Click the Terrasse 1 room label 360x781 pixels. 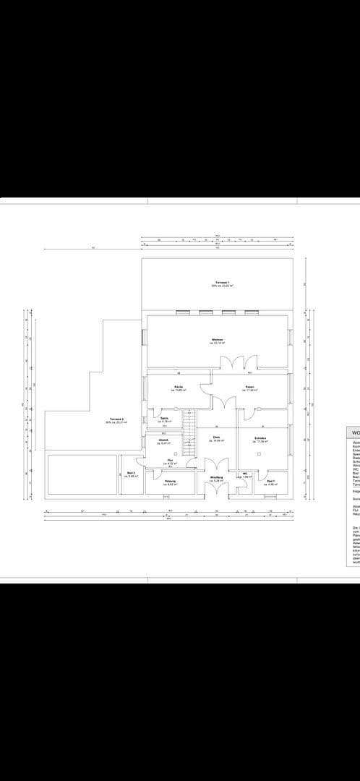click(222, 283)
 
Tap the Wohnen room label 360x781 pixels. click(217, 341)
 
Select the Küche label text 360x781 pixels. click(178, 389)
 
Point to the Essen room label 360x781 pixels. click(250, 389)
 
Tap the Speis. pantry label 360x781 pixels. click(165, 419)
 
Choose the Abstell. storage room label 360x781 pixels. click(164, 442)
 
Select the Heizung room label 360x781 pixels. click(171, 483)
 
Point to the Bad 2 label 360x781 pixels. click(132, 474)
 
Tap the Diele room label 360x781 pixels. click(216, 439)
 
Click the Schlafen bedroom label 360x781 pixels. click(260, 439)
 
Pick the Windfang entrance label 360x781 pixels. click(216, 479)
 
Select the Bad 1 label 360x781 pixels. click(271, 482)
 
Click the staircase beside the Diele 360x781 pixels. click(189, 432)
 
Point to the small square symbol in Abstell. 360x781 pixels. click(175, 454)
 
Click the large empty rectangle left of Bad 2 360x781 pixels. click(82, 474)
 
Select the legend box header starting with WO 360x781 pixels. click(355, 434)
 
